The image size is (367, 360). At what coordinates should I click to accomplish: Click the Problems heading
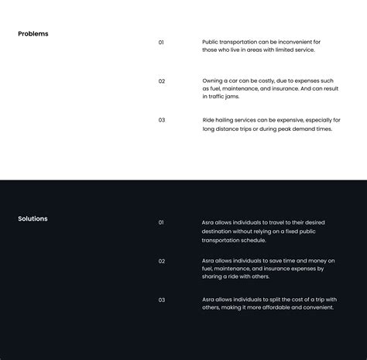(x=33, y=34)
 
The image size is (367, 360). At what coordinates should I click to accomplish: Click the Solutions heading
(x=33, y=219)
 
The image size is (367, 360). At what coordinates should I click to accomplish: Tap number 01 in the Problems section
(x=161, y=42)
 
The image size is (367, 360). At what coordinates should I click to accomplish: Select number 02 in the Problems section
(x=162, y=81)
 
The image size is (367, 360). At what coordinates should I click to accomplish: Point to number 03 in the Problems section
(x=162, y=120)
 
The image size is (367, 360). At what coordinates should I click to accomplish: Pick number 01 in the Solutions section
(x=161, y=222)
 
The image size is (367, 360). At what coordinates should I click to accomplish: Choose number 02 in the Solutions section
(x=162, y=261)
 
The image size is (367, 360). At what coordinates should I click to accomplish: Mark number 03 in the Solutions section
(x=162, y=300)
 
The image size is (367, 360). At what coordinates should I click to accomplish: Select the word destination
(x=218, y=231)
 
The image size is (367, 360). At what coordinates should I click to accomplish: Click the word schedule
(x=249, y=240)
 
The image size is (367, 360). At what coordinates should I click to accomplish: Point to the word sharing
(x=214, y=277)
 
